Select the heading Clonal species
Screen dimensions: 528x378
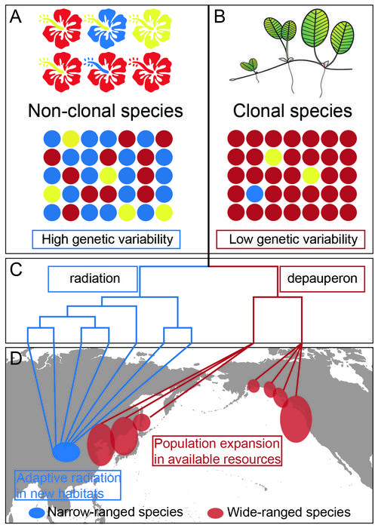pyautogui.click(x=292, y=112)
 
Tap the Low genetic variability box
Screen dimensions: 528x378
pyautogui.click(x=291, y=241)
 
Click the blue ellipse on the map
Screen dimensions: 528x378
pyautogui.click(x=66, y=451)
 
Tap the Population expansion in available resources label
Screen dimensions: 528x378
pyautogui.click(x=217, y=450)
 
